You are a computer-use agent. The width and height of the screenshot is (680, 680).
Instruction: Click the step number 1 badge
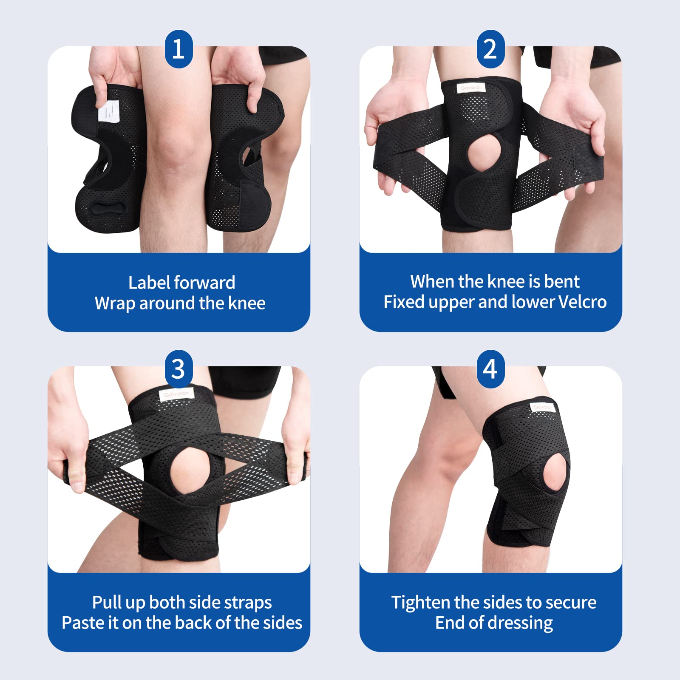click(x=178, y=49)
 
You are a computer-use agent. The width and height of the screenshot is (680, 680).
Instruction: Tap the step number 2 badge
click(x=490, y=49)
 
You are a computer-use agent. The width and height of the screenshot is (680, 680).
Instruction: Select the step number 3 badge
click(x=178, y=369)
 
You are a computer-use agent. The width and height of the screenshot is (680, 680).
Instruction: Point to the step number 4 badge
click(x=490, y=369)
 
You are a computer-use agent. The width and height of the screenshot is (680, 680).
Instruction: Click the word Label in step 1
click(x=150, y=283)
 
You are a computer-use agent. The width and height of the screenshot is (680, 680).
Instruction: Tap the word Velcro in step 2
click(x=582, y=302)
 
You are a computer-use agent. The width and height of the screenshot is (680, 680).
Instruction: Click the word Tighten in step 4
click(x=421, y=603)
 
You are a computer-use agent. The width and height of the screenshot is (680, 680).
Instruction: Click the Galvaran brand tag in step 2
click(x=471, y=88)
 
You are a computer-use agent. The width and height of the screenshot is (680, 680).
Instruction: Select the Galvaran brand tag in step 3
click(x=176, y=394)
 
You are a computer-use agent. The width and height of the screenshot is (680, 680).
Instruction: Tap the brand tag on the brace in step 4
click(x=542, y=407)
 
